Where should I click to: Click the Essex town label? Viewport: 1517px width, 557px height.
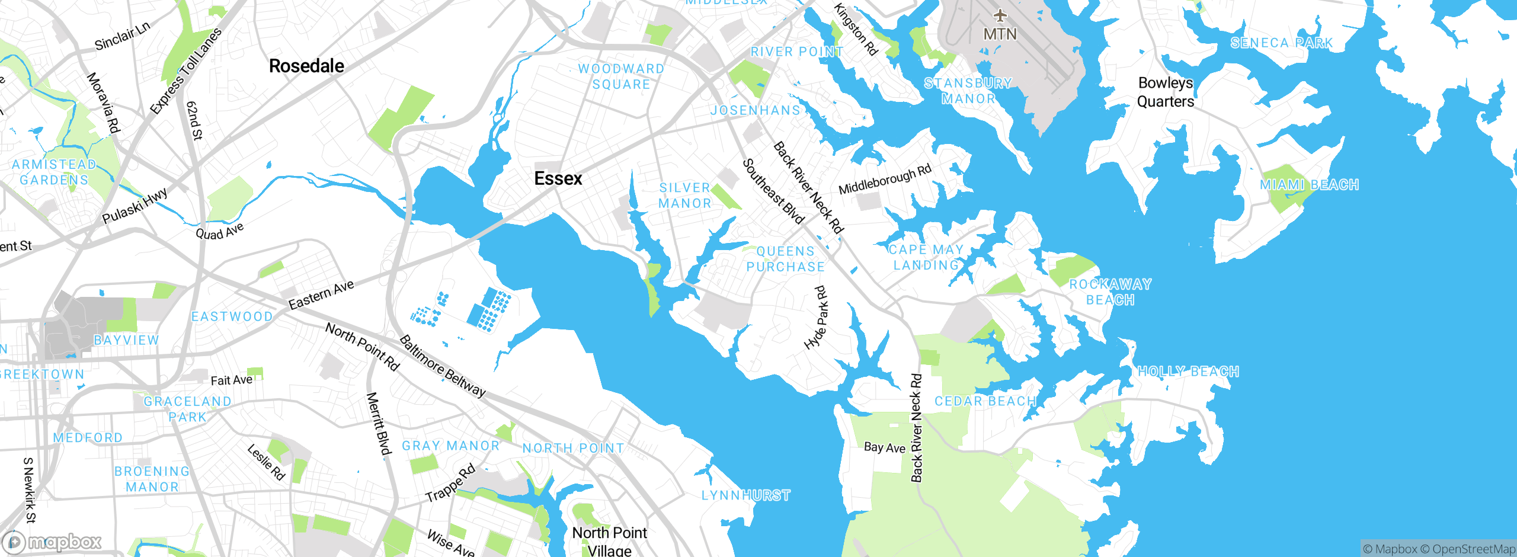pos(558,178)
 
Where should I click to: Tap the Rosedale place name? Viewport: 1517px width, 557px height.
pos(306,66)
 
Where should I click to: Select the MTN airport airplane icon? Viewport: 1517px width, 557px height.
pos(1000,15)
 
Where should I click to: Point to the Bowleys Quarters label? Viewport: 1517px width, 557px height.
pos(1165,92)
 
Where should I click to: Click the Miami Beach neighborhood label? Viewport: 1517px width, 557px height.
pos(1309,185)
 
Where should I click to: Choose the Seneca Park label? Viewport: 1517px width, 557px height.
pos(1281,43)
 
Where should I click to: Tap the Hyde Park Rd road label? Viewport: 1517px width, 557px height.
pos(817,318)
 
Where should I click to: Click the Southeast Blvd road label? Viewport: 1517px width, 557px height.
pos(773,191)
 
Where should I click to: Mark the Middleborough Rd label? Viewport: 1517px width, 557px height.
pos(885,180)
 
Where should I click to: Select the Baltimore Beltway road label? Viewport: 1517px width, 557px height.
pos(442,366)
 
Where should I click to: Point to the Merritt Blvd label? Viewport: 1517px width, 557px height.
pos(379,423)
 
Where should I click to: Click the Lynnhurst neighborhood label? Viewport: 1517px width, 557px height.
pos(745,495)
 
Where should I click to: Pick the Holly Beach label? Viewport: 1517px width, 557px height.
pos(1188,372)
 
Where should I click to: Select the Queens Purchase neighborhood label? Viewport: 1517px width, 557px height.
pos(785,259)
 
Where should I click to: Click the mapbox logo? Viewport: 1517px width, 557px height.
pos(52,542)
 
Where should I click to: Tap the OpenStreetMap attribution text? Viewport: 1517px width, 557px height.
pos(1473,549)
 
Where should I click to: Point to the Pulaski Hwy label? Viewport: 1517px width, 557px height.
pos(135,206)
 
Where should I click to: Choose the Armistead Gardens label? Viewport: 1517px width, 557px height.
pos(54,172)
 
